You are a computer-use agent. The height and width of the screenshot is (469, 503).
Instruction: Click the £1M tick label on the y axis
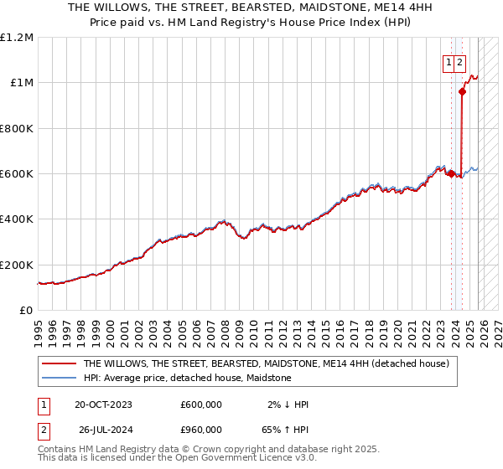pos(20,83)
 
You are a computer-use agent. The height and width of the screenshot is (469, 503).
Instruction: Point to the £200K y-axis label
pos(17,265)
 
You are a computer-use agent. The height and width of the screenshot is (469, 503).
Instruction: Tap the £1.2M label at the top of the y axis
pos(17,38)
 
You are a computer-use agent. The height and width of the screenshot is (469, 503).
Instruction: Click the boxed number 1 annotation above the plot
pos(449,62)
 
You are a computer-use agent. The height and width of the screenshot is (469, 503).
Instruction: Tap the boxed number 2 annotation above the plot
pos(461,62)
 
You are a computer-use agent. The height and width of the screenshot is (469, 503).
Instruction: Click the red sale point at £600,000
pos(451,173)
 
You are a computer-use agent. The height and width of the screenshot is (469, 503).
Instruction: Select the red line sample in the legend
pos(60,363)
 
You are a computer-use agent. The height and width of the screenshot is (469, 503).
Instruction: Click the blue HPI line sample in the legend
pos(60,378)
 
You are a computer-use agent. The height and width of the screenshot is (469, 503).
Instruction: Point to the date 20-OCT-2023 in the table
pos(103,405)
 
